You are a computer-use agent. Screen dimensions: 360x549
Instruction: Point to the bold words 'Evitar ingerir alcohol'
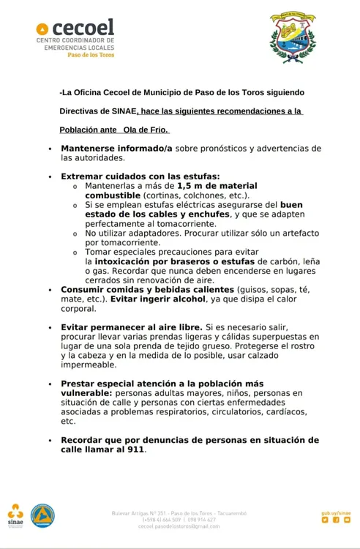pyautogui.click(x=158, y=299)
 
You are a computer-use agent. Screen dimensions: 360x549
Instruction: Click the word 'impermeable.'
pyautogui.click(x=89, y=364)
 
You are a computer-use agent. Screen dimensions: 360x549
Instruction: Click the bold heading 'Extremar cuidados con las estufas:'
pyautogui.click(x=140, y=176)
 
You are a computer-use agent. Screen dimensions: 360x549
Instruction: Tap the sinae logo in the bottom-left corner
pyautogui.click(x=15, y=515)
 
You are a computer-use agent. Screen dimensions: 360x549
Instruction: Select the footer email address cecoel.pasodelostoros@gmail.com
pyautogui.click(x=179, y=526)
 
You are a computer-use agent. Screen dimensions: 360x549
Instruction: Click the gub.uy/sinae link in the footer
pyautogui.click(x=336, y=512)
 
